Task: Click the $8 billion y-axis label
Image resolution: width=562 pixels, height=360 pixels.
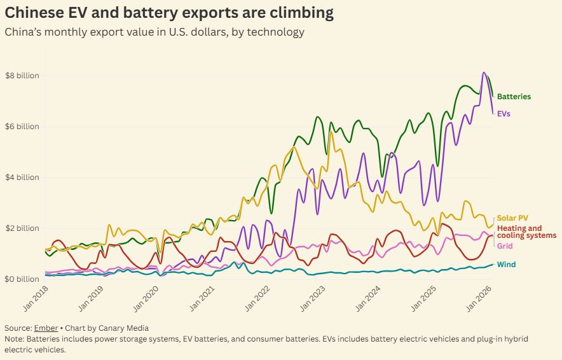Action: coord(22,76)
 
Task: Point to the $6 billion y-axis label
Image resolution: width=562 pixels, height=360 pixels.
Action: coord(22,127)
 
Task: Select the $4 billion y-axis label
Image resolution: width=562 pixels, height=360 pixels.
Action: coord(22,177)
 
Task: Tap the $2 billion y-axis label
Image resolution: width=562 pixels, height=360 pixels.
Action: coord(22,228)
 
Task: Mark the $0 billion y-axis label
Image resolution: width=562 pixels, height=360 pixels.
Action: coord(22,279)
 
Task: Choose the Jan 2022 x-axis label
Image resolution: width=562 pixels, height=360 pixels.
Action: coord(261,297)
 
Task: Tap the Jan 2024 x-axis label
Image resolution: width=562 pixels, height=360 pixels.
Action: coord(372,297)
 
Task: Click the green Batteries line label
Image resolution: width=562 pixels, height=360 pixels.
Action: coord(514,97)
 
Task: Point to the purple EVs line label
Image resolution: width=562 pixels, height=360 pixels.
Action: coord(504,114)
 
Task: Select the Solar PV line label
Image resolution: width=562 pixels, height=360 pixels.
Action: coord(512,218)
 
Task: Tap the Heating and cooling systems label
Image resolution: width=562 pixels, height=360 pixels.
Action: coord(526,232)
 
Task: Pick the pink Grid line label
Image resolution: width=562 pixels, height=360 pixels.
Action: coord(505,246)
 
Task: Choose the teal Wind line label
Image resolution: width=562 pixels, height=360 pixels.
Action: coord(506,265)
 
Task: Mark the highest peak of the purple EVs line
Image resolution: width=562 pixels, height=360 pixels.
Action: coord(484,73)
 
